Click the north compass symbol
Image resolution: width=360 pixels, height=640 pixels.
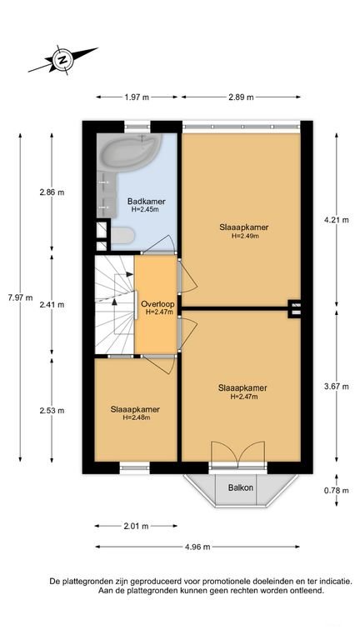point(62,60)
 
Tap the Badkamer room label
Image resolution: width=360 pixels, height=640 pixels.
point(146,201)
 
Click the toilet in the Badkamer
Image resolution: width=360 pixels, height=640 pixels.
point(122,236)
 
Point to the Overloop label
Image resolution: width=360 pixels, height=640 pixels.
point(157,304)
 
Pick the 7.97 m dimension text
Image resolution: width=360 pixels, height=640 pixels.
point(20,297)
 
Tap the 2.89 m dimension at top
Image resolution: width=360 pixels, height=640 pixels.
point(241,97)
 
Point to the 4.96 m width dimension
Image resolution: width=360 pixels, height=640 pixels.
point(197,547)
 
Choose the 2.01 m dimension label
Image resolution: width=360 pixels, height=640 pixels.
point(136,526)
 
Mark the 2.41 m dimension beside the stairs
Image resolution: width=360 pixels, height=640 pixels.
point(52,304)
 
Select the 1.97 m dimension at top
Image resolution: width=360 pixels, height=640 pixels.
point(137,97)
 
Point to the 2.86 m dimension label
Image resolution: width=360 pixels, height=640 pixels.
point(52,192)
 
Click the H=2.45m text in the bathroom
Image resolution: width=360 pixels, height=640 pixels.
point(145,209)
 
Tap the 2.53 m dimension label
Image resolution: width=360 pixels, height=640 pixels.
point(52,411)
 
